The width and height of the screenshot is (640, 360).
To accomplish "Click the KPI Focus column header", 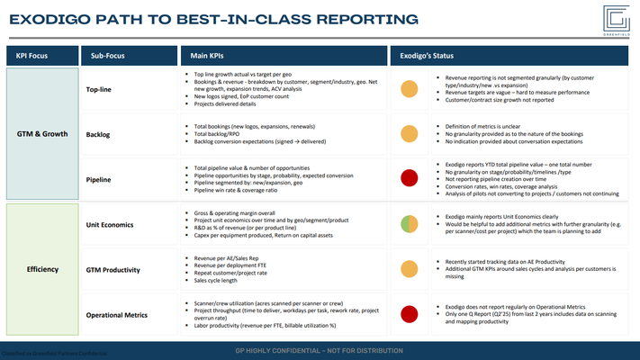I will pyautogui.click(x=33, y=56).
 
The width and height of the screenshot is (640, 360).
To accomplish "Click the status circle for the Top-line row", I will pyautogui.click(x=408, y=89).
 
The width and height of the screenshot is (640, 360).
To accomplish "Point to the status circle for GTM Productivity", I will pyautogui.click(x=408, y=269).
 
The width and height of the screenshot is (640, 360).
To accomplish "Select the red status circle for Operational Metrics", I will pyautogui.click(x=408, y=315).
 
